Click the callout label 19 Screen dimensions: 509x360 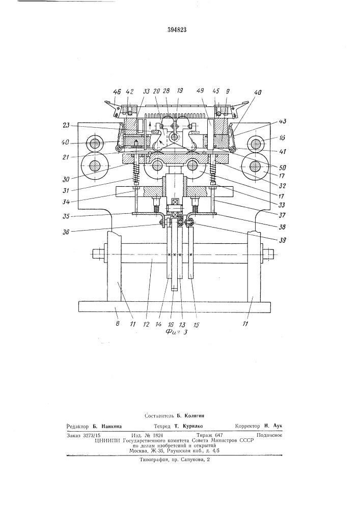click(x=179, y=92)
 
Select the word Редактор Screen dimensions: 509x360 click(x=78, y=426)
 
